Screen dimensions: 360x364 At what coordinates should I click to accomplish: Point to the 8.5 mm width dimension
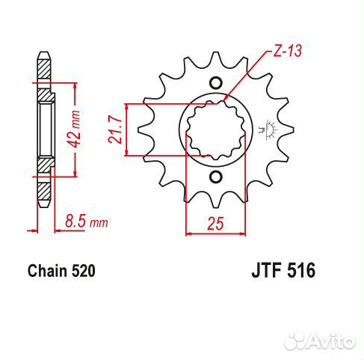click(x=85, y=222)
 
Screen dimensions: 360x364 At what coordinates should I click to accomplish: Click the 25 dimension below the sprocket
click(x=215, y=222)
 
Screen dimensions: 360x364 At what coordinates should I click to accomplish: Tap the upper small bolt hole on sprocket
click(x=216, y=83)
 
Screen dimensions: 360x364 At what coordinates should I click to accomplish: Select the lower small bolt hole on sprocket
click(x=216, y=177)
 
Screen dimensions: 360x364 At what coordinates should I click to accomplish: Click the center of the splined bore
click(x=216, y=130)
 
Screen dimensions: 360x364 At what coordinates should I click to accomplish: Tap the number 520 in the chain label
click(x=83, y=272)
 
